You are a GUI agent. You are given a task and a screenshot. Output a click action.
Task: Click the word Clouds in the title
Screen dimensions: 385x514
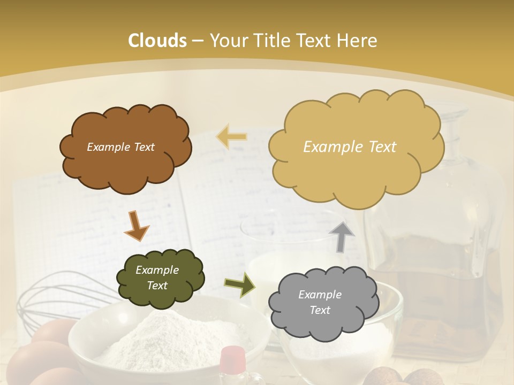[x=157, y=41]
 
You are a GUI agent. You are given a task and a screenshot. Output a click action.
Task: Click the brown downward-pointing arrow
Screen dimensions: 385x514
[x=136, y=226]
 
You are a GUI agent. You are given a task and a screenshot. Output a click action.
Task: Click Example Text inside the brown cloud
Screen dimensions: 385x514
[x=120, y=147]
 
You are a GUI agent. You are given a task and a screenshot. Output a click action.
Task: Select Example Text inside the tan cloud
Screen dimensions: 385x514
[x=350, y=147]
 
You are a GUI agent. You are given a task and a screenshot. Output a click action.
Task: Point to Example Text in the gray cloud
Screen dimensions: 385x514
[x=320, y=302]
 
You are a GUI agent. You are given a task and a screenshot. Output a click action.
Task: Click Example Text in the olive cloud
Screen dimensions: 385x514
[x=157, y=278]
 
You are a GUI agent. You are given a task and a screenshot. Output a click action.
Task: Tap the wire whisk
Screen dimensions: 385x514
[x=59, y=299]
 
